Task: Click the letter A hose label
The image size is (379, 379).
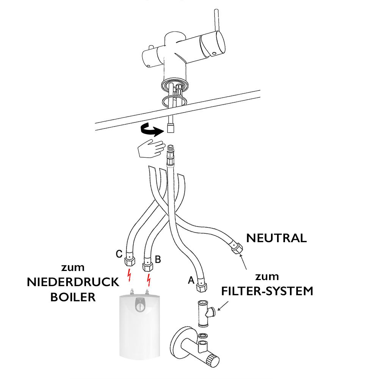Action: point(191,280)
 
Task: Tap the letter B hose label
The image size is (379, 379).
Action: point(158,260)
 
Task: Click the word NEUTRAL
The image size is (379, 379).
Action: point(276,238)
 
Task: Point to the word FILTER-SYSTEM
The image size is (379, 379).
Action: point(268,291)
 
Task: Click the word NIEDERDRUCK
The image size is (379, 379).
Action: point(73,282)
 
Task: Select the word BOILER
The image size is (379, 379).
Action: point(73,297)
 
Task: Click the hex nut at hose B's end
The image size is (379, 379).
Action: point(147,265)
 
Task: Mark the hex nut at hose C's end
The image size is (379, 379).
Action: point(129,261)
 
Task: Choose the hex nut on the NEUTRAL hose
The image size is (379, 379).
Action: point(237,249)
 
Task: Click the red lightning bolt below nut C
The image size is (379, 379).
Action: point(130,276)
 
